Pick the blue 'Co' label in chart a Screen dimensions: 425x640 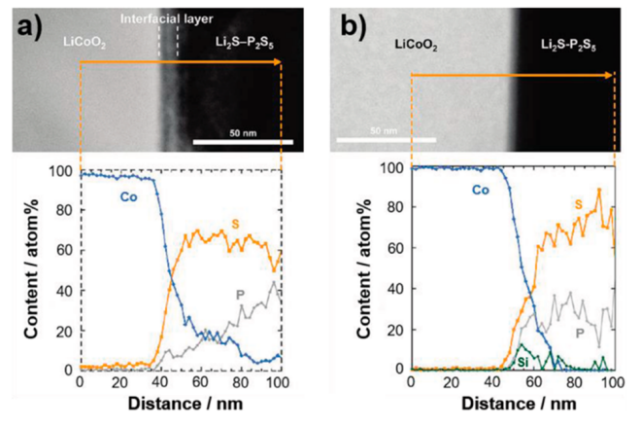click(x=127, y=197)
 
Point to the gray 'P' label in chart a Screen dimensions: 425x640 click(x=240, y=293)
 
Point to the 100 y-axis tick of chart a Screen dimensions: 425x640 click(x=63, y=172)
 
